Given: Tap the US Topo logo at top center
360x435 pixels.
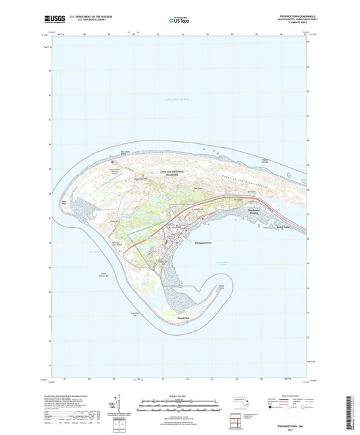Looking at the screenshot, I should point(178,21).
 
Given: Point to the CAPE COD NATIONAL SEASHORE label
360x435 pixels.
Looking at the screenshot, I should point(175,174).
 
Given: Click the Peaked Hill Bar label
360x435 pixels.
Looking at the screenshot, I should point(274,161).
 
